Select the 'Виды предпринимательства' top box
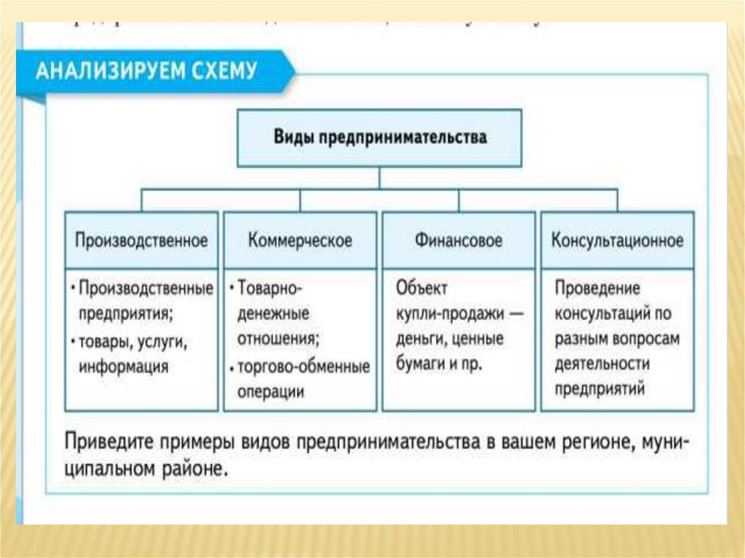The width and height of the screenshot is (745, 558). tap(380, 137)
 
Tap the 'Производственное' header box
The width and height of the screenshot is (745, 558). tap(141, 240)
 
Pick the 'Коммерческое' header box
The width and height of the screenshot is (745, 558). tap(300, 240)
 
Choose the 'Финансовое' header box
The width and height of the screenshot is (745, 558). tap(458, 240)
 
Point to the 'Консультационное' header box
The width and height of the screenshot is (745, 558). tap(617, 240)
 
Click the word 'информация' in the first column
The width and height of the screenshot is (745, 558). tap(123, 365)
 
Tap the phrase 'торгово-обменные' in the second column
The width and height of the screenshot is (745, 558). tap(303, 366)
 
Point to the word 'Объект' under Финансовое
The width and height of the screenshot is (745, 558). tap(422, 288)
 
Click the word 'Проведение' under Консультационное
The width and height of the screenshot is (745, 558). tap(597, 288)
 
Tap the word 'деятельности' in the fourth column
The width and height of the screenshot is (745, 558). tap(602, 363)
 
